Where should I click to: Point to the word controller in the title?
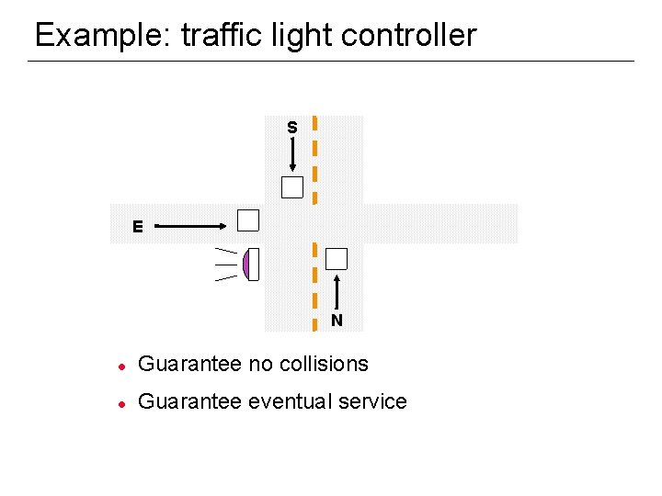409,36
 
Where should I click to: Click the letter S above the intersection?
291,128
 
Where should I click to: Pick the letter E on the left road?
137,226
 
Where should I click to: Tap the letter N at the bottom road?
337,321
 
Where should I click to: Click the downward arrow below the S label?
292,155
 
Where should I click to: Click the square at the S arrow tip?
292,187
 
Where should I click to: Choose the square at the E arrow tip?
248,220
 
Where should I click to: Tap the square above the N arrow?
337,259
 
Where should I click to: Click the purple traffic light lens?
246,265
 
